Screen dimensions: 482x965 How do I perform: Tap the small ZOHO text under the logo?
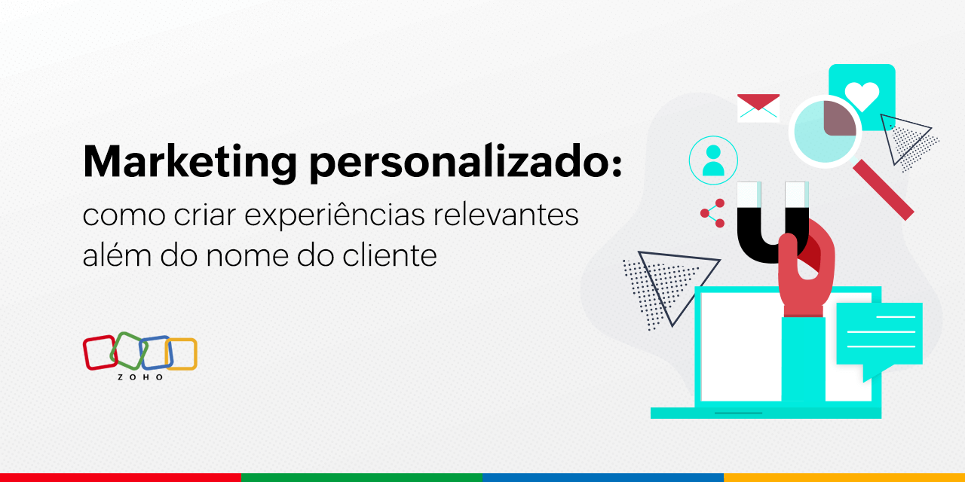[x=140, y=377]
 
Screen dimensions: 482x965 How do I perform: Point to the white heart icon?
[x=862, y=96]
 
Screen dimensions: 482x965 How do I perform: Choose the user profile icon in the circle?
[x=712, y=160]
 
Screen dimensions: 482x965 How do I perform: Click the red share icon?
[x=712, y=213]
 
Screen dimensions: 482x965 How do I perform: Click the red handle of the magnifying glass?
[x=883, y=189]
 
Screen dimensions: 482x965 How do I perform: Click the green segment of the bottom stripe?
[x=362, y=477]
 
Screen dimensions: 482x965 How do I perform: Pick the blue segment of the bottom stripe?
[x=603, y=477]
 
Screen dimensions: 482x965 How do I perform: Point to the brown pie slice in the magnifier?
[x=839, y=118]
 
